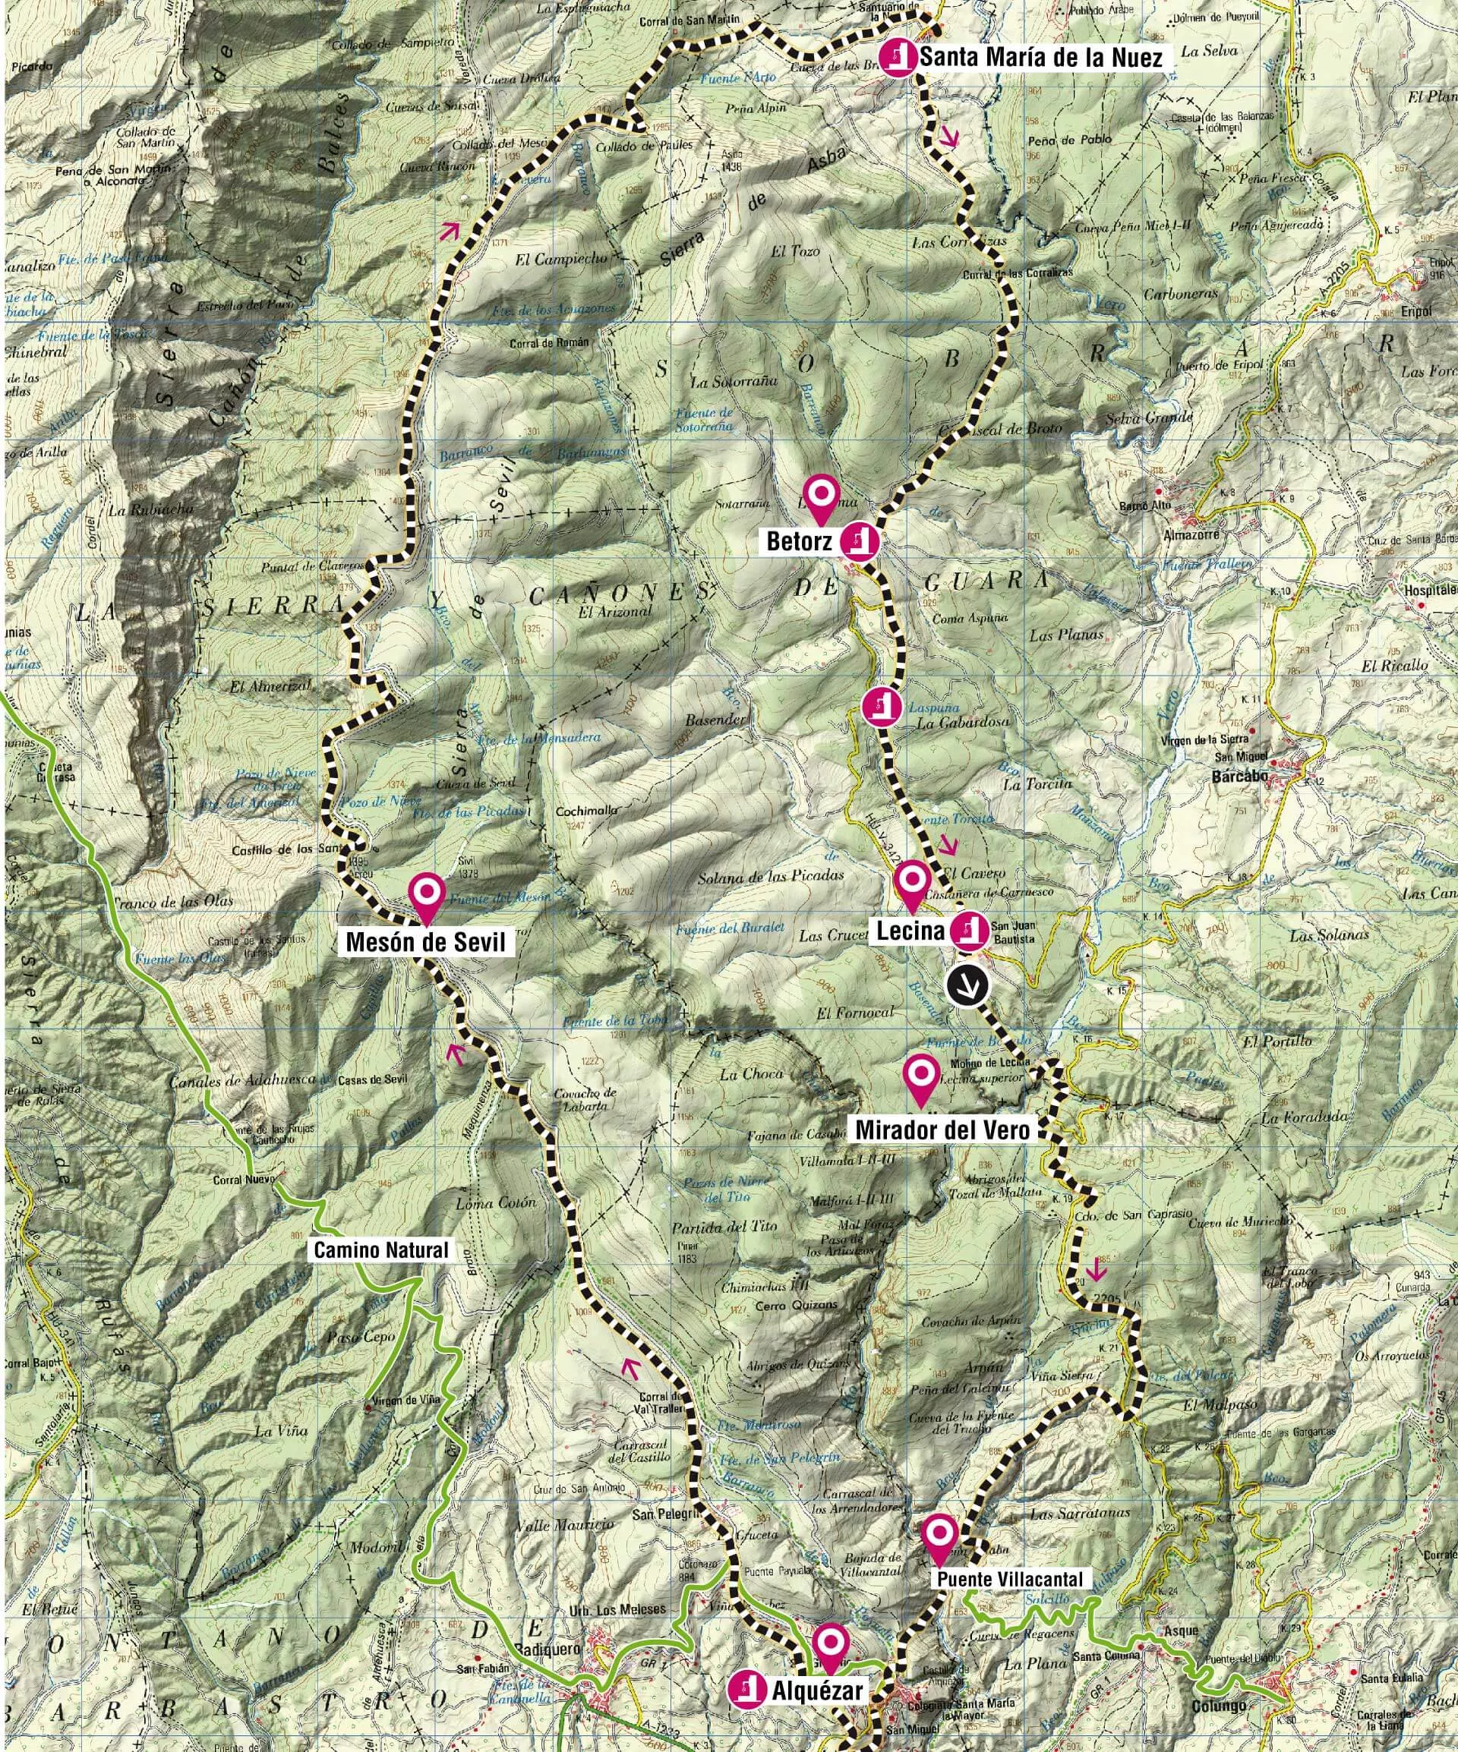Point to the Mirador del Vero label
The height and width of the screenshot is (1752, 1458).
pos(943,1130)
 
